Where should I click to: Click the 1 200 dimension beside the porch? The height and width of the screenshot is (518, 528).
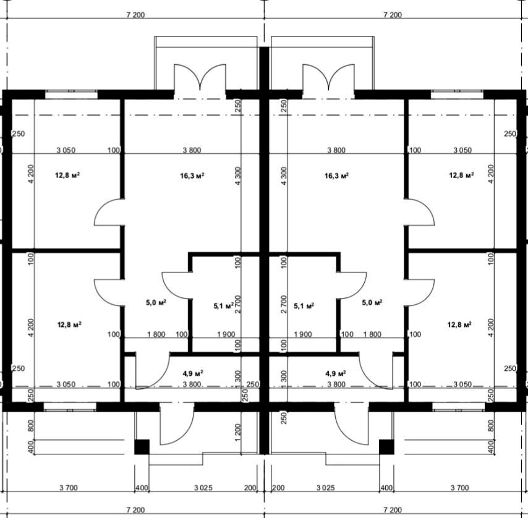click(238, 432)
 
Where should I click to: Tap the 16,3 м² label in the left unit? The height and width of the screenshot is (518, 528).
click(192, 176)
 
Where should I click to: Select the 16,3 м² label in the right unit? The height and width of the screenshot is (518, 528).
click(336, 176)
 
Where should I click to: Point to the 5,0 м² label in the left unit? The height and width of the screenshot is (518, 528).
click(156, 303)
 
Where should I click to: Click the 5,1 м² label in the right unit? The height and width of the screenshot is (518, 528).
click(304, 305)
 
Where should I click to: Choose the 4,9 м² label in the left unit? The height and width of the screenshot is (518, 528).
click(193, 373)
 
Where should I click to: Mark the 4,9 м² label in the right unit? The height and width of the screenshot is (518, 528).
click(336, 373)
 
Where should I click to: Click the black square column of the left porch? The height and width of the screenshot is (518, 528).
click(142, 447)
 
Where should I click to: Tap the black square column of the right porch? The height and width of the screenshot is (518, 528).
click(386, 447)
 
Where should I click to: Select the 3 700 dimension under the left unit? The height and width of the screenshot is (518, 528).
click(69, 488)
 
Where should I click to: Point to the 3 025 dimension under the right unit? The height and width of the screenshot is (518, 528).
click(326, 488)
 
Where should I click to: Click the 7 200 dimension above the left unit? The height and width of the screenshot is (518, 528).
click(135, 15)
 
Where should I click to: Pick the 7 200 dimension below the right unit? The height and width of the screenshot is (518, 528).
click(393, 510)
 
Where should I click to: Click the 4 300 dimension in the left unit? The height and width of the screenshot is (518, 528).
click(238, 176)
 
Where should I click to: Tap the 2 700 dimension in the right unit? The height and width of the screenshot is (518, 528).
click(284, 304)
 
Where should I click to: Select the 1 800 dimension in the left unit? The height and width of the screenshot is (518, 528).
click(156, 334)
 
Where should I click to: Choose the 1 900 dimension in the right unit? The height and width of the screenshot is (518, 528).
click(303, 334)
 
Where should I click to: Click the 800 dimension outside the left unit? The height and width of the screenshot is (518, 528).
click(31, 426)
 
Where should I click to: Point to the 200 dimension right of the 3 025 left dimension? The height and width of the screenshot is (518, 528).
click(250, 488)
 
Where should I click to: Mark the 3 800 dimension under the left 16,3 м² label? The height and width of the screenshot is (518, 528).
click(192, 150)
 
